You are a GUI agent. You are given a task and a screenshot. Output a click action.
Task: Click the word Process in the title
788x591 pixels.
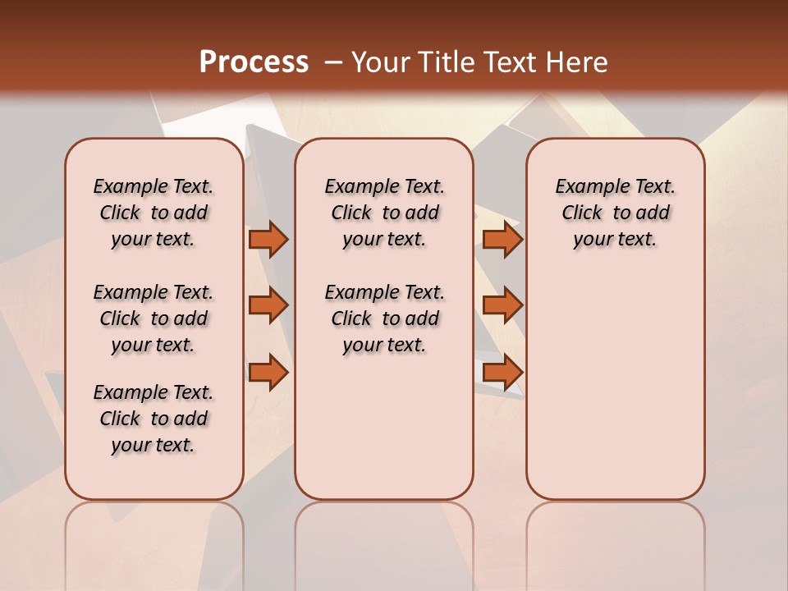[x=254, y=62]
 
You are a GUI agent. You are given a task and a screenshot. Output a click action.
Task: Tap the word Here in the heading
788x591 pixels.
[x=578, y=62]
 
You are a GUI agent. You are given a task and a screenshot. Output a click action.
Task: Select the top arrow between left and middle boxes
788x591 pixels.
[x=268, y=240]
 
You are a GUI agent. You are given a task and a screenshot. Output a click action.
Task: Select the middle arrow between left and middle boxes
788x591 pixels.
[x=268, y=305]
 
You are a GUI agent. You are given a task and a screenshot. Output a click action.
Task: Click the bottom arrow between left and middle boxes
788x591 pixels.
[x=268, y=373]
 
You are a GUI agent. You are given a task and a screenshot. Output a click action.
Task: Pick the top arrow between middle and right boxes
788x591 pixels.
[x=502, y=240]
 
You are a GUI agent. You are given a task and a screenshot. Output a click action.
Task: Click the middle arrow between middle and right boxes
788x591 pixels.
[x=502, y=305]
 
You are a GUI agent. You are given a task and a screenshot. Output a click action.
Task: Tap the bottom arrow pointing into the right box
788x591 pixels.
[x=502, y=373]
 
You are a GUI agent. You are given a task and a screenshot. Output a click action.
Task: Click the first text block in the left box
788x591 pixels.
[x=153, y=213]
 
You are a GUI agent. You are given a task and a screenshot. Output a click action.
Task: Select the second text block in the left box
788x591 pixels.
[x=153, y=318]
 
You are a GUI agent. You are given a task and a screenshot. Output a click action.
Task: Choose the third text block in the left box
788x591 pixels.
[x=153, y=419]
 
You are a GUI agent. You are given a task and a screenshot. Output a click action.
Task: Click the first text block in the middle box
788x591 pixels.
[x=384, y=213]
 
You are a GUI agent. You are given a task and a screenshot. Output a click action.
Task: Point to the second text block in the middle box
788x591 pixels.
[x=384, y=318]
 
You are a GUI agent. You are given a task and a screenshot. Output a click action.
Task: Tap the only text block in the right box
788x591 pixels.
[x=616, y=213]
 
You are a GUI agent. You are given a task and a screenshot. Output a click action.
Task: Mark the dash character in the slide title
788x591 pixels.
[x=333, y=62]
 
